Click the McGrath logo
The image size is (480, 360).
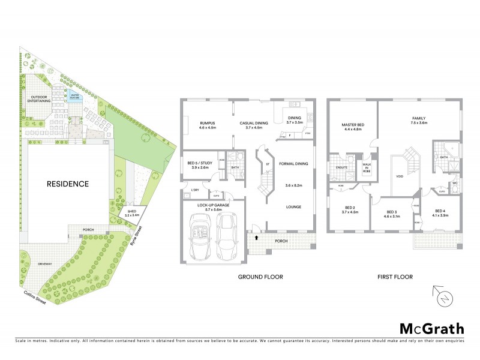431,328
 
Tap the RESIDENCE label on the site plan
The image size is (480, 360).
69,184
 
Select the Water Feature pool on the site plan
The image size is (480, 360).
75,96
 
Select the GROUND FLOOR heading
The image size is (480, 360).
260,277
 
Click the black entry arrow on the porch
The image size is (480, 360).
257,238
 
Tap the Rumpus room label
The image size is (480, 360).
207,124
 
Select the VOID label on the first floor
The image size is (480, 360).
400,177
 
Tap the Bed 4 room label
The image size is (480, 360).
440,211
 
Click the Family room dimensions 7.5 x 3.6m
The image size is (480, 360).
418,122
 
